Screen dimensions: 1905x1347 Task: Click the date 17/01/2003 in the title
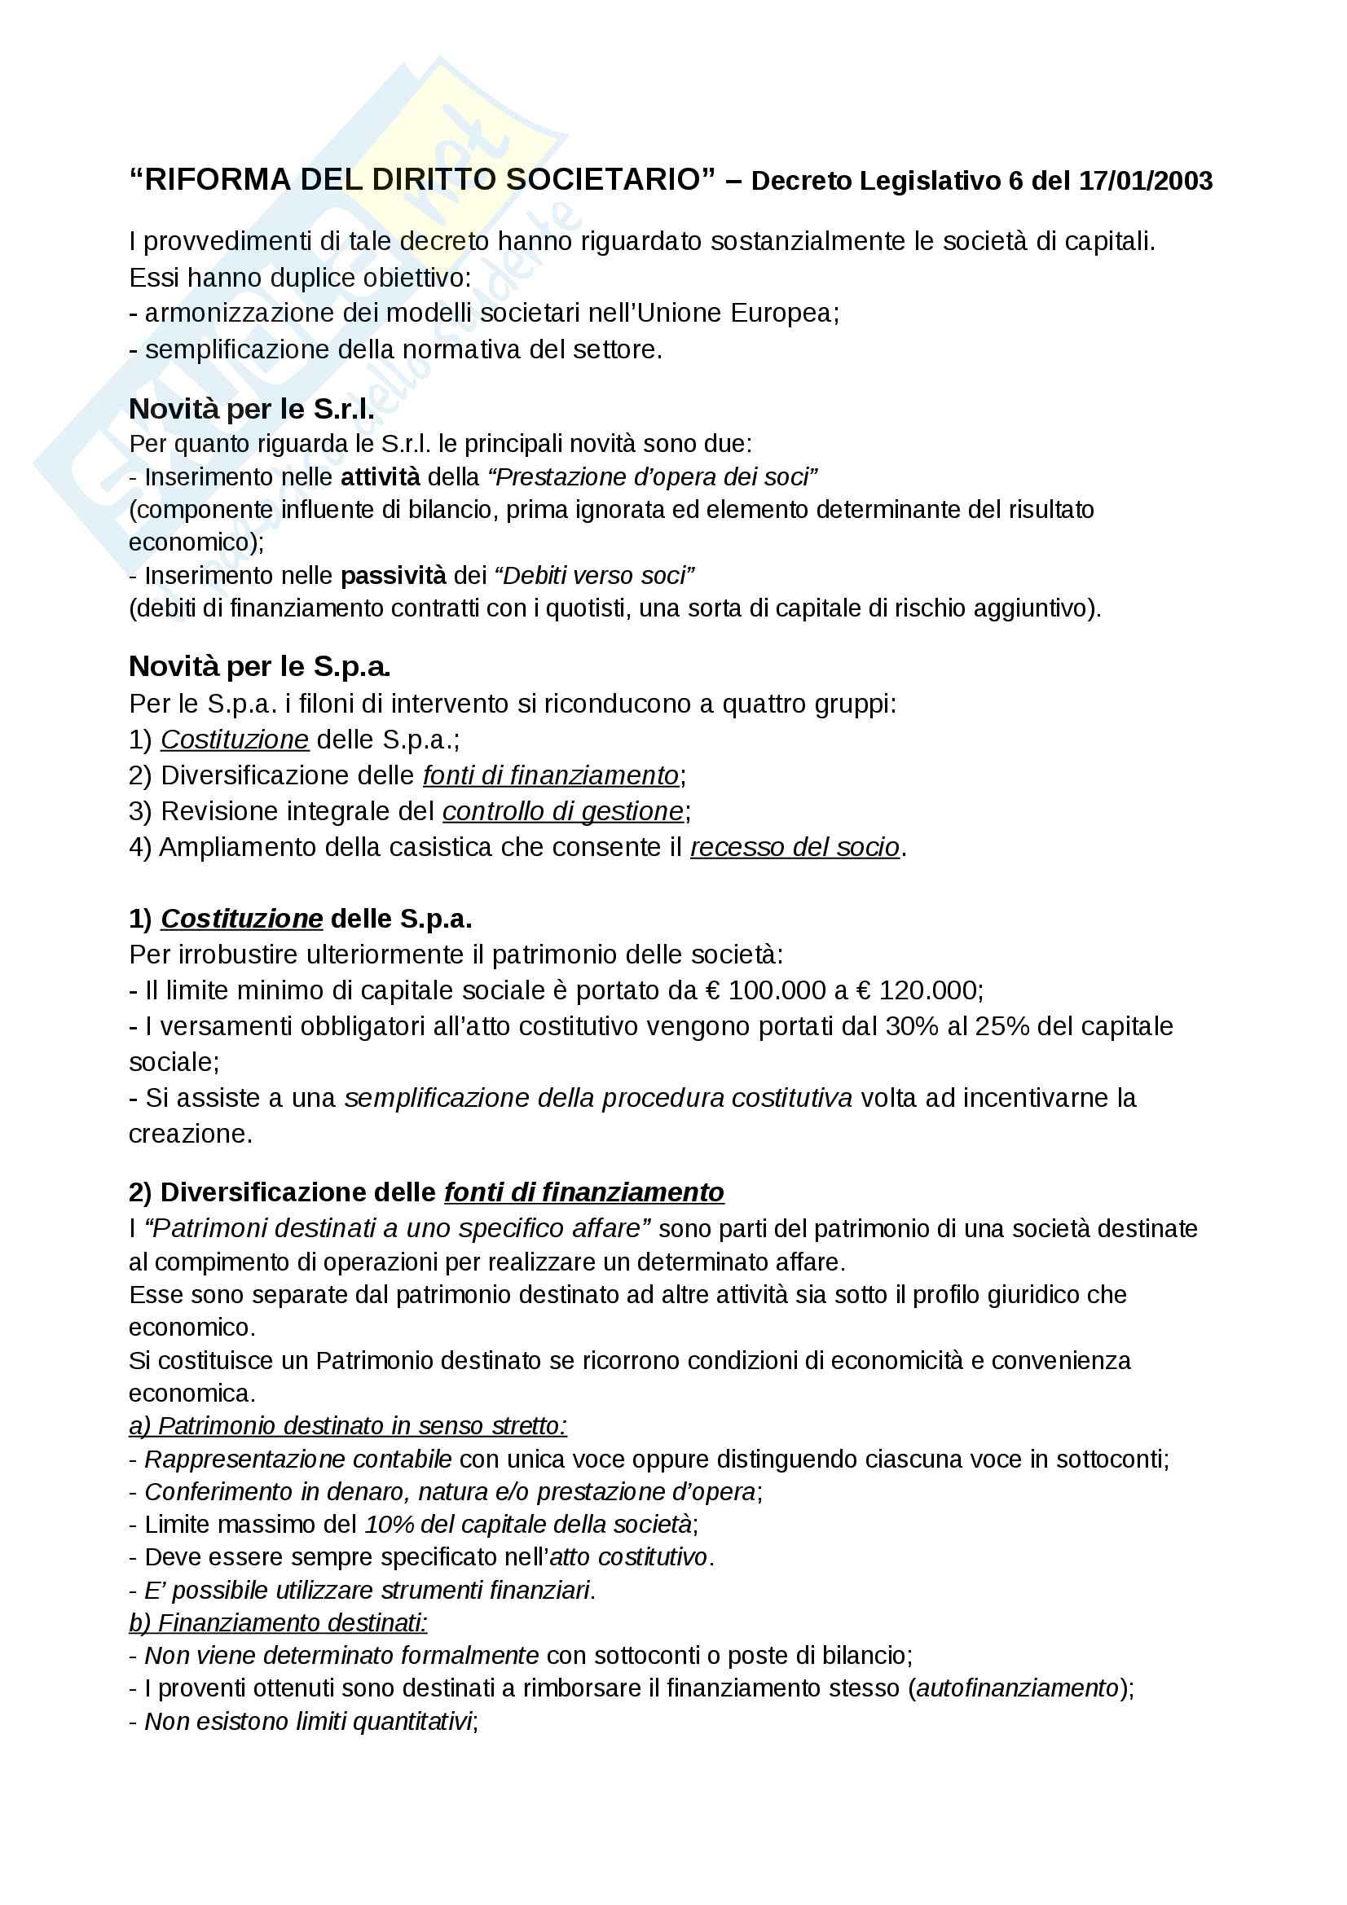(x=1146, y=181)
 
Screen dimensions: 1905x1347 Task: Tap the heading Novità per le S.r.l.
(x=252, y=409)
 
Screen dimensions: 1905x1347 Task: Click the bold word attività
(x=380, y=477)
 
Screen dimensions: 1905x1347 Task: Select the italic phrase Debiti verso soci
(x=594, y=576)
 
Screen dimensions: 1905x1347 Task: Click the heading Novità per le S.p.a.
(x=260, y=666)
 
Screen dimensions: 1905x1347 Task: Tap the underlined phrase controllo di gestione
(x=563, y=811)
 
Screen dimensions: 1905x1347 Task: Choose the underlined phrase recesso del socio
(x=795, y=847)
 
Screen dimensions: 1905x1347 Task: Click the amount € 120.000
(x=919, y=990)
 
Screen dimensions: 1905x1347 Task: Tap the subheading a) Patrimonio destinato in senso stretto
(x=348, y=1425)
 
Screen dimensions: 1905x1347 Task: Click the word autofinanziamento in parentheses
(x=1018, y=1688)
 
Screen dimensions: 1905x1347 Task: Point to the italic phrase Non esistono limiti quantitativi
(x=308, y=1721)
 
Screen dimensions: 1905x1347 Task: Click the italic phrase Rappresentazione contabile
(x=298, y=1459)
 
